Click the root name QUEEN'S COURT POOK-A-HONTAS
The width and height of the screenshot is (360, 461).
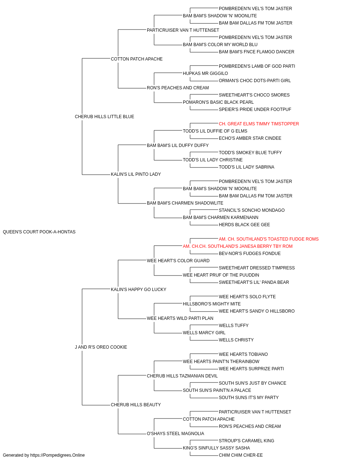pyautogui.click(x=39, y=232)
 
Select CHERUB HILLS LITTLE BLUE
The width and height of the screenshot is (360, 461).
pyautogui.click(x=104, y=117)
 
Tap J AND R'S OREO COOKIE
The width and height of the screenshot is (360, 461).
pyautogui.click(x=101, y=347)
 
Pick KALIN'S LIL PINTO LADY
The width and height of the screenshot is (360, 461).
pyautogui.click(x=136, y=174)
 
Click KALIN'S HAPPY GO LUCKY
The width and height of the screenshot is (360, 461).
pyautogui.click(x=139, y=289)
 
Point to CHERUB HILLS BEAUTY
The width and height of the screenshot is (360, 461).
pyautogui.click(x=136, y=404)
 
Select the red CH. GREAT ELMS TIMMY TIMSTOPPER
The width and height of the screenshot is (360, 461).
pyautogui.click(x=258, y=124)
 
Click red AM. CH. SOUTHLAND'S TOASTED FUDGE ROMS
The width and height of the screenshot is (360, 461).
pyautogui.click(x=269, y=239)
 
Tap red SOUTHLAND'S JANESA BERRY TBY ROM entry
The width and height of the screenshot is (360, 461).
pyautogui.click(x=238, y=246)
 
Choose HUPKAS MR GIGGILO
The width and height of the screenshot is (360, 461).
pyautogui.click(x=205, y=73)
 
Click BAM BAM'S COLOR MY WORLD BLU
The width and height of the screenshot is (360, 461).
pyautogui.click(x=220, y=45)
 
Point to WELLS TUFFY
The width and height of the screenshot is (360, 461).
pyautogui.click(x=233, y=326)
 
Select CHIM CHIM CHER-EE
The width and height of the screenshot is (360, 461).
pyautogui.click(x=240, y=455)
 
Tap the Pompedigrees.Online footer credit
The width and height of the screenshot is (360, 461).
pyautogui.click(x=44, y=455)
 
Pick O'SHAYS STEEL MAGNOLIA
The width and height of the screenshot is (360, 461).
pyautogui.click(x=175, y=433)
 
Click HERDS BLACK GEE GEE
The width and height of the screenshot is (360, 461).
pyautogui.click(x=244, y=225)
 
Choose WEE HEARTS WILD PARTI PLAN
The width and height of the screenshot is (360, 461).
pyautogui.click(x=180, y=318)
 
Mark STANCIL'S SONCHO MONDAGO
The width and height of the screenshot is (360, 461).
pyautogui.click(x=252, y=210)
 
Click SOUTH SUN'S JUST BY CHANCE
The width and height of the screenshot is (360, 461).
pyautogui.click(x=252, y=383)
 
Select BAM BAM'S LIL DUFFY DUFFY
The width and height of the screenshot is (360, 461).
pyautogui.click(x=178, y=145)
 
